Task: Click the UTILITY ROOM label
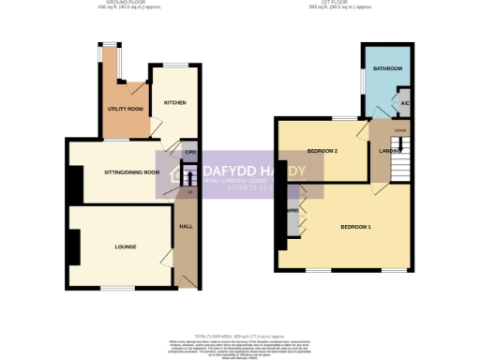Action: tap(125, 110)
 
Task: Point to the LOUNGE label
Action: tap(126, 247)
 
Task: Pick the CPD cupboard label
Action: tap(189, 152)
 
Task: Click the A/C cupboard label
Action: tap(405, 102)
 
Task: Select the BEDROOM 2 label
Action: tap(322, 150)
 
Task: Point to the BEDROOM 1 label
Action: tap(355, 227)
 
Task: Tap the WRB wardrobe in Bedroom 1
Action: tap(292, 210)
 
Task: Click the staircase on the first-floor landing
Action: tap(399, 159)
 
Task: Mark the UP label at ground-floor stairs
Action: tap(190, 191)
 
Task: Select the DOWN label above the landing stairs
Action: tap(399, 130)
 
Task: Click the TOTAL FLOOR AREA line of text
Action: tap(240, 335)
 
